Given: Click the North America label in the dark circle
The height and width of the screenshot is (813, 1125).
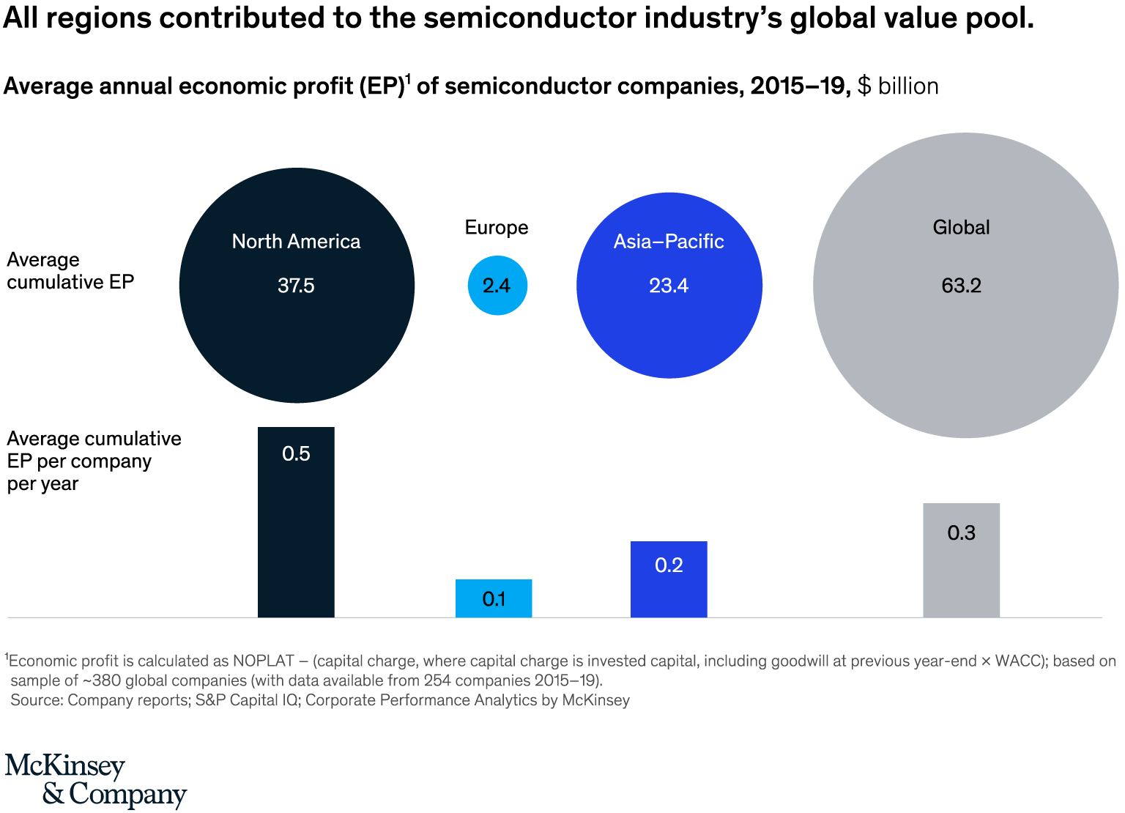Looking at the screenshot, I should coord(296,242).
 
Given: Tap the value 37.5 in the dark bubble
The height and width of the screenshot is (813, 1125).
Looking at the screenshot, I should coord(296,286).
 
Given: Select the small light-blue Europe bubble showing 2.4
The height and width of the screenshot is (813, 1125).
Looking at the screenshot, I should coord(497,286).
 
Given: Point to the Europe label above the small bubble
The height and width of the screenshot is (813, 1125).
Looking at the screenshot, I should coord(497,228).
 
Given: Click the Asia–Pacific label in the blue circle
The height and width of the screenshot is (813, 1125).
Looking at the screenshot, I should coord(669,242).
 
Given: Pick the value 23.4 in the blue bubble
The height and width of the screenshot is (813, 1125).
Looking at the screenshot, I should coord(669,286).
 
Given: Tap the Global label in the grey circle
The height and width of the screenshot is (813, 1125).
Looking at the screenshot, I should coord(961,228).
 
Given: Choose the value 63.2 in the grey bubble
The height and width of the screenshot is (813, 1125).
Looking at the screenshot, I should coord(961,286).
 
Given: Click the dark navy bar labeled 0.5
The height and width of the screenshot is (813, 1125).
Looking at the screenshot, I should coord(296,521).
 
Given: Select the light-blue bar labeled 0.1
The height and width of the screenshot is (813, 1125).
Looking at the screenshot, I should coord(494,598).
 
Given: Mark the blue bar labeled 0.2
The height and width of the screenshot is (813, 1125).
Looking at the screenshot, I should coord(669,579).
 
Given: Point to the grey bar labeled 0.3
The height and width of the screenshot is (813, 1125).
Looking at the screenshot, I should coord(961,560).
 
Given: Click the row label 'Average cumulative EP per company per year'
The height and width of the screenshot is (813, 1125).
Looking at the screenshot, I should coord(94,461).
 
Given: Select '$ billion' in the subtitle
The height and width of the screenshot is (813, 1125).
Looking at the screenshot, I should coord(898,86).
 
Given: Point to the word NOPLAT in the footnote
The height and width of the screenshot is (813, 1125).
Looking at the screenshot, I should coord(264,661).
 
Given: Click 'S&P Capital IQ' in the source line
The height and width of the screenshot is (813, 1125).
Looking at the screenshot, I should coord(248,700).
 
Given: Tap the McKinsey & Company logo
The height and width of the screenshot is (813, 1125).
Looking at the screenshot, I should coord(95,781).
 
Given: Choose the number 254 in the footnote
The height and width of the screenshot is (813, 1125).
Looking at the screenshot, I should coord(437,680).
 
